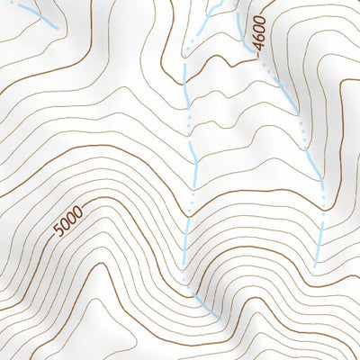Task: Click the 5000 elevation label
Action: [67, 221]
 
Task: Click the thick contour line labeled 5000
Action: [117, 200]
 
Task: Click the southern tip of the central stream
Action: [219, 318]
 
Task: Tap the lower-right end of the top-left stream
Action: [58, 29]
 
